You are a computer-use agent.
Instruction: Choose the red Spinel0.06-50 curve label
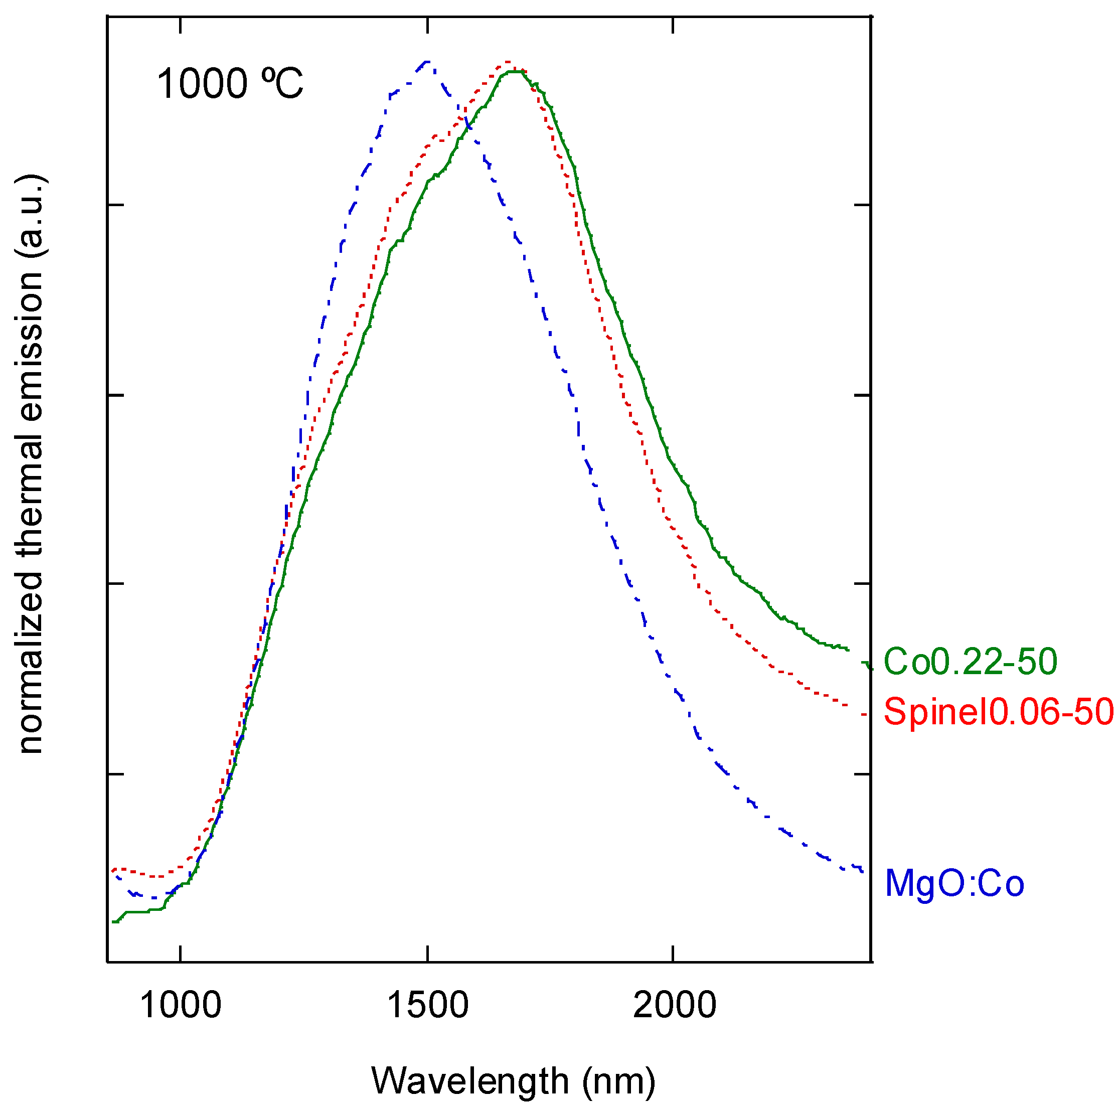[x=998, y=711]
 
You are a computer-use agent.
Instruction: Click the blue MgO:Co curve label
[x=954, y=883]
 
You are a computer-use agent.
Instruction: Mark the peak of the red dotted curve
[x=508, y=62]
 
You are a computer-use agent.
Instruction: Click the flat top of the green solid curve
[x=516, y=72]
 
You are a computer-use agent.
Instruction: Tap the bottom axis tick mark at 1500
[x=427, y=954]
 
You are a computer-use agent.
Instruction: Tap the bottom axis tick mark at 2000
[x=673, y=954]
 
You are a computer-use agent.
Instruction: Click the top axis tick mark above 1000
[x=181, y=25]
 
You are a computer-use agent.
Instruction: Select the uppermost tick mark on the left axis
[x=115, y=205]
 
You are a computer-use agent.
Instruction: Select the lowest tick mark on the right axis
[x=863, y=774]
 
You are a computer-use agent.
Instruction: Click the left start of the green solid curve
[x=115, y=922]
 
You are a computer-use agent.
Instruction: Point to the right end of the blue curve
[x=862, y=871]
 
